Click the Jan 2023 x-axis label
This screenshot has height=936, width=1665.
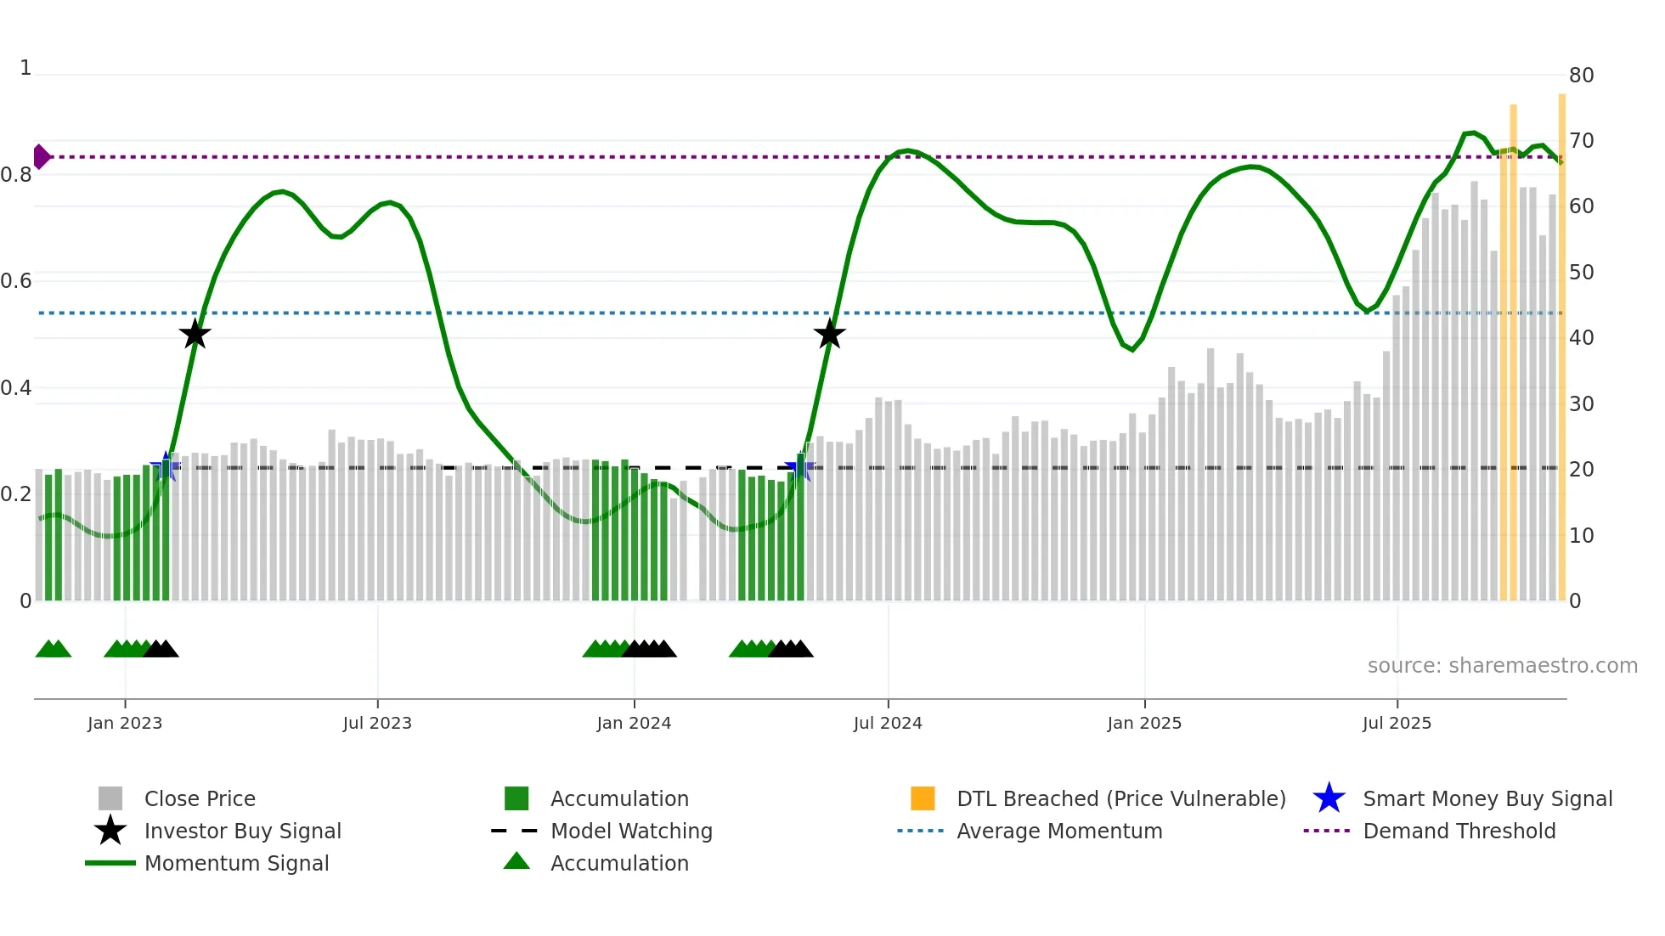(x=125, y=723)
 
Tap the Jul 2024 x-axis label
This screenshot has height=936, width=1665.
(x=888, y=723)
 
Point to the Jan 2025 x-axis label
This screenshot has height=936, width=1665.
(x=1144, y=723)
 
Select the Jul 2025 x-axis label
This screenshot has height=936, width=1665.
(x=1397, y=723)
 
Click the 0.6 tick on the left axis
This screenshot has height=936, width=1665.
(x=16, y=281)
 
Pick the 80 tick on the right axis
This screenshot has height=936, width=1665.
(x=1581, y=76)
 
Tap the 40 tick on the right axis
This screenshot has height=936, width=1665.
(x=1581, y=338)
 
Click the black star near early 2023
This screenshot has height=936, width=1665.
(x=195, y=334)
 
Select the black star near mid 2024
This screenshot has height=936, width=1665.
(x=829, y=334)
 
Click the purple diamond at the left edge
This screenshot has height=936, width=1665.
(x=41, y=157)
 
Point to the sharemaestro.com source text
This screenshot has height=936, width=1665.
(x=1502, y=666)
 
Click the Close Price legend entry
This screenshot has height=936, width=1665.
(x=200, y=798)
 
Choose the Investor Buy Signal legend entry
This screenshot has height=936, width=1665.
(x=242, y=831)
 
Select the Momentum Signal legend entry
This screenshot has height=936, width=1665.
(x=236, y=863)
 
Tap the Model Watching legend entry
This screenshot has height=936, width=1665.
(x=631, y=831)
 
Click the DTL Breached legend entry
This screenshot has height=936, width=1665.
(x=1120, y=798)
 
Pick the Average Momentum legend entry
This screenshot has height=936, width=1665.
(x=1059, y=831)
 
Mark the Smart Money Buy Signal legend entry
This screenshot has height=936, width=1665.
(x=1487, y=798)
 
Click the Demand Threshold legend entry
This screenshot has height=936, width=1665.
(x=1459, y=831)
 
